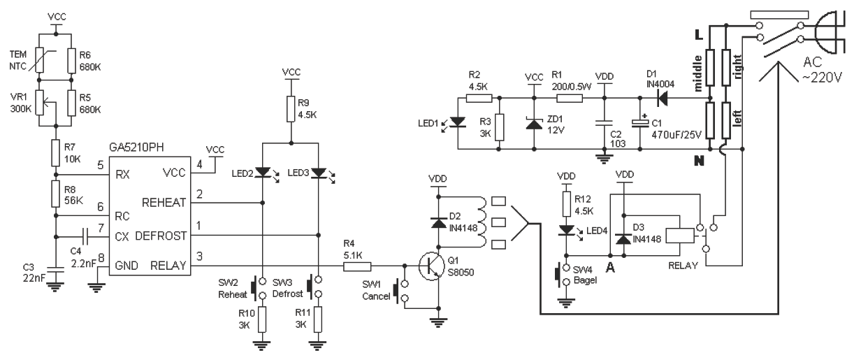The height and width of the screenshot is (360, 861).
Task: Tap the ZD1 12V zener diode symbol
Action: point(533,124)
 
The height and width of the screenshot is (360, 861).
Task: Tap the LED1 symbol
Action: point(458,124)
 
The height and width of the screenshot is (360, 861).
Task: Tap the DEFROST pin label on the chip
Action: point(164,236)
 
